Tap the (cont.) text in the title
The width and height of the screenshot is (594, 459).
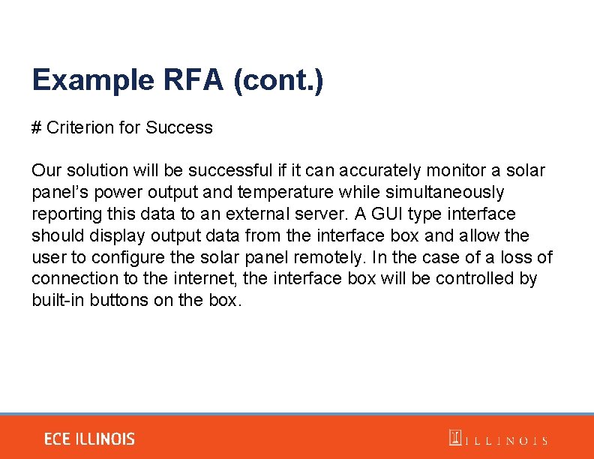pos(278,80)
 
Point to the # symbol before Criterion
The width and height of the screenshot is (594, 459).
pos(36,128)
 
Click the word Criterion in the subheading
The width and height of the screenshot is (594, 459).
pos(80,128)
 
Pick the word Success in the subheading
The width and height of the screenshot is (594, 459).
pos(179,128)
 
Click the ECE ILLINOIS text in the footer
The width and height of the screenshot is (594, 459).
pos(89,439)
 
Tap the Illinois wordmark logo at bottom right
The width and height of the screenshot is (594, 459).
pos(498,439)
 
